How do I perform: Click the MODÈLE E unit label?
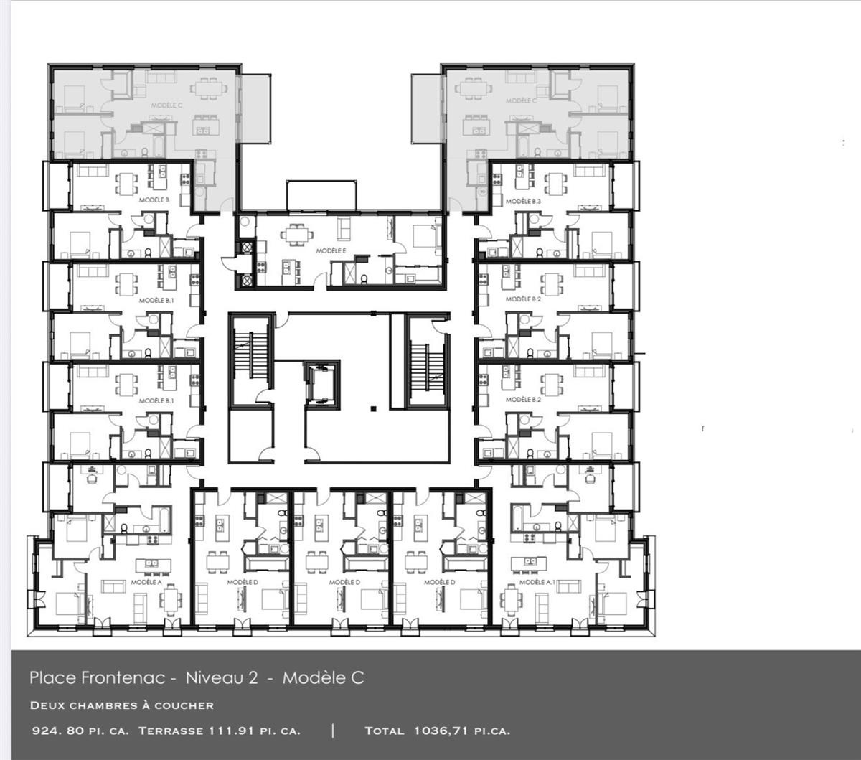pyautogui.click(x=331, y=251)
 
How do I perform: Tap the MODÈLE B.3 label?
pyautogui.click(x=523, y=202)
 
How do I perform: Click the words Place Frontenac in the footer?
pyautogui.click(x=98, y=677)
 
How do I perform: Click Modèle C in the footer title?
pyautogui.click(x=323, y=677)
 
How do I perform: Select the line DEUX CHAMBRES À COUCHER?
pyautogui.click(x=122, y=705)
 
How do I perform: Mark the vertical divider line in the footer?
pyautogui.click(x=333, y=731)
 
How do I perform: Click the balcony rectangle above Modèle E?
pyautogui.click(x=321, y=195)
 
